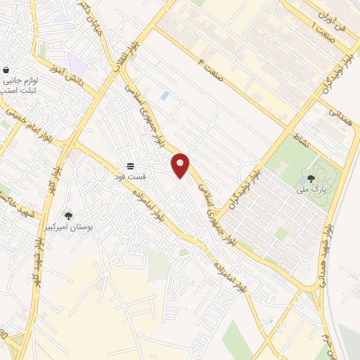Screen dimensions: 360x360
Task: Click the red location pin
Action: coord(181,165)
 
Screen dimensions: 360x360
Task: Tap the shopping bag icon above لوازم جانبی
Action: coord(6,70)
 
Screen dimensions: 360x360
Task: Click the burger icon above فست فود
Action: coord(131,166)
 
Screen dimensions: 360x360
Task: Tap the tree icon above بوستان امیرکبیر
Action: coord(68,216)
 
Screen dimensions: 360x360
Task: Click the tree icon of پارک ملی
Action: coord(311,179)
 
